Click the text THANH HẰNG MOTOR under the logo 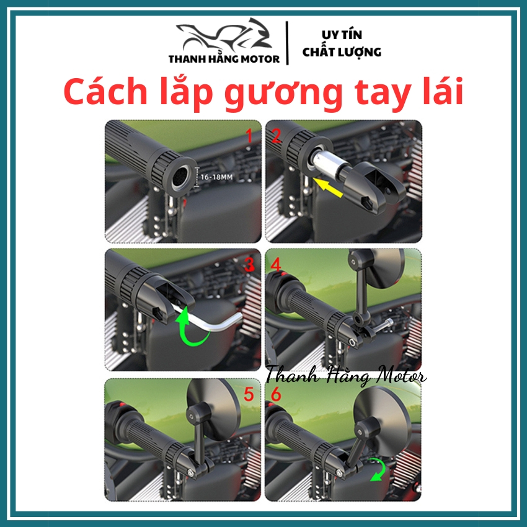[224, 59]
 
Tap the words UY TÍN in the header [342, 35]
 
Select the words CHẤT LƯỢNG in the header [342, 52]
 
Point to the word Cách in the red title [105, 91]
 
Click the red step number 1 [249, 136]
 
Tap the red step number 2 [276, 136]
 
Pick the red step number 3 [249, 265]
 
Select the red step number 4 [276, 265]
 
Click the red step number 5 [249, 394]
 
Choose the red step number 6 [276, 394]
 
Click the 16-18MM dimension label [216, 177]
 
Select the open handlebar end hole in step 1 [181, 177]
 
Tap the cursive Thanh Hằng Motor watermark [346, 376]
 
